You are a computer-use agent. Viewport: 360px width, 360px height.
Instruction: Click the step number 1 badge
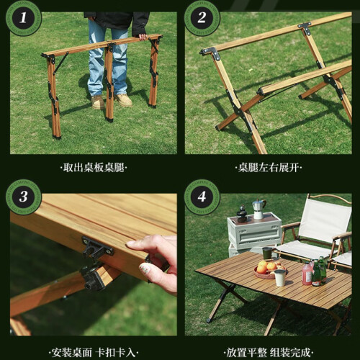click(x=23, y=18)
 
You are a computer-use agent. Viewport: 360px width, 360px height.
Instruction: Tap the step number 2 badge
click(x=202, y=18)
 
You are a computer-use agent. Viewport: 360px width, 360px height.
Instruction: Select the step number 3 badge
click(x=23, y=197)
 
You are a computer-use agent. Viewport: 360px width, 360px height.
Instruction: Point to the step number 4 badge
click(x=202, y=197)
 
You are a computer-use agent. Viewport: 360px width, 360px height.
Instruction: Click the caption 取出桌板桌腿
click(x=94, y=168)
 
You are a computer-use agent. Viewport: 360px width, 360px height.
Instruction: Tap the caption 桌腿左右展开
click(x=269, y=168)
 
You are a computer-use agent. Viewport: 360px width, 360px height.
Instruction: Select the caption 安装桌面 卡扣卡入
click(x=94, y=353)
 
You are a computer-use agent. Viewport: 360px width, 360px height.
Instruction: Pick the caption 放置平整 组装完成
click(x=269, y=353)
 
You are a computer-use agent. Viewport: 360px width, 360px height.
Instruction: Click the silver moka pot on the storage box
click(x=258, y=209)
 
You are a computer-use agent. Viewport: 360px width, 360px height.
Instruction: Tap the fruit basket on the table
click(x=269, y=270)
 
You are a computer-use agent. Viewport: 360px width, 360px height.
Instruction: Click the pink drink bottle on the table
click(x=307, y=273)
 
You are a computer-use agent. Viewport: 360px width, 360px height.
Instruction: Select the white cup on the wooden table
click(x=280, y=278)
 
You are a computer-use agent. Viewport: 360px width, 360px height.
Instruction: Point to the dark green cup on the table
click(x=267, y=253)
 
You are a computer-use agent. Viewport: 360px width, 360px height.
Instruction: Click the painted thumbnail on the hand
click(x=146, y=269)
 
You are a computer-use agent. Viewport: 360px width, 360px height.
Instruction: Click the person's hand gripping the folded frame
click(x=143, y=37)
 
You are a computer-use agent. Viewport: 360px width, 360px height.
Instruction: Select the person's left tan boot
click(x=123, y=100)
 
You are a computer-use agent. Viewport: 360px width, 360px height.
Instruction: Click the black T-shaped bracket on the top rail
click(x=305, y=27)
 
